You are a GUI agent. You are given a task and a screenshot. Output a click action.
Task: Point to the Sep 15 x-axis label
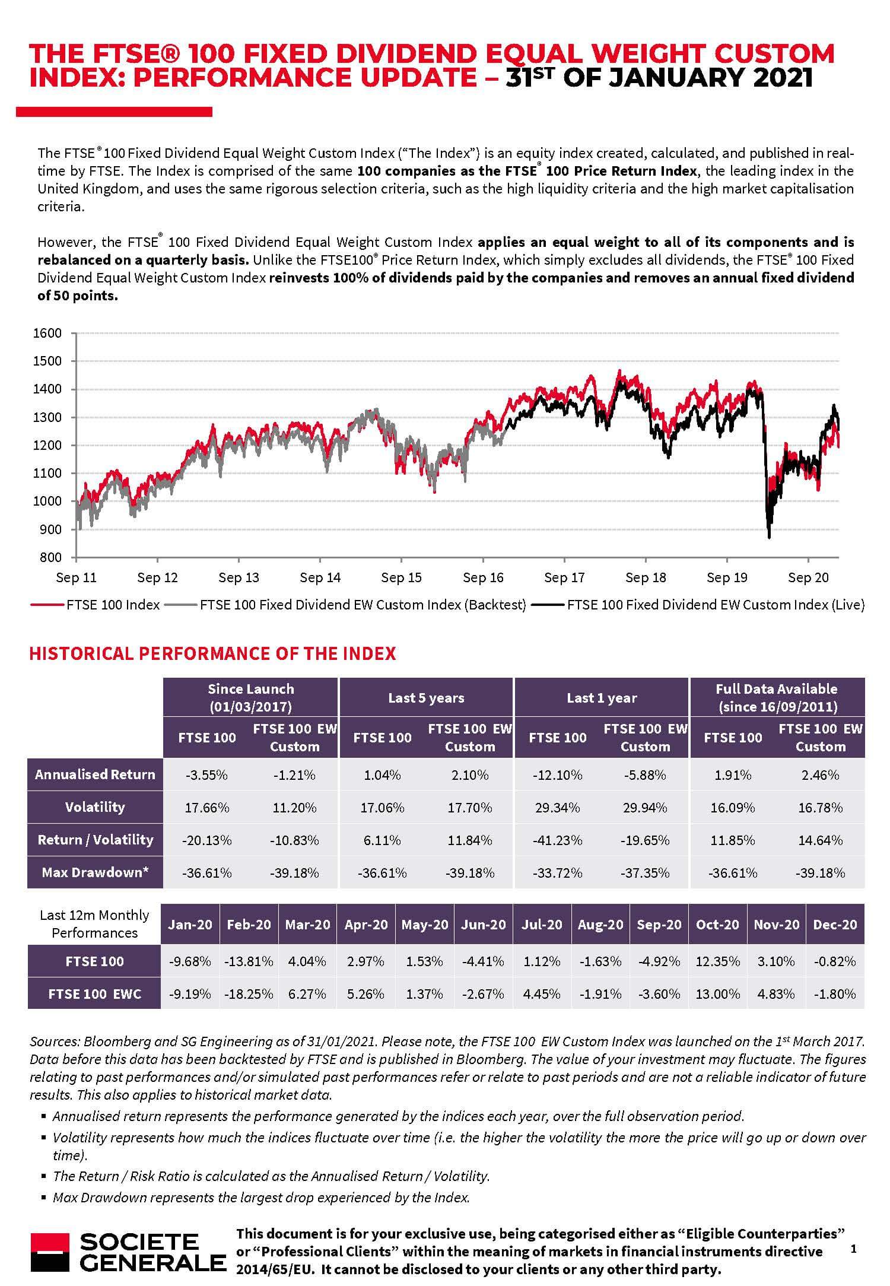coord(401,577)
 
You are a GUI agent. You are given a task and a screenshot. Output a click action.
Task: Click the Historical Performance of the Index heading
coord(212,653)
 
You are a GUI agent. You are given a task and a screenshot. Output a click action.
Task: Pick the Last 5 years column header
coord(426,698)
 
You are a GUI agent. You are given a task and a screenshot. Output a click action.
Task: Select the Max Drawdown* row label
coord(95,872)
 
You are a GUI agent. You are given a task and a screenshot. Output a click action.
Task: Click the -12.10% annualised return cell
coord(557,775)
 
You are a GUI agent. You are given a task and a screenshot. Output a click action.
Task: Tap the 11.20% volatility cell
coord(294,808)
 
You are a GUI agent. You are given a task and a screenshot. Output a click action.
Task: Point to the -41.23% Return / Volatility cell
coord(557,840)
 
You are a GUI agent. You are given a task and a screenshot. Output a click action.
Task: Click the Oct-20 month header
coord(717,925)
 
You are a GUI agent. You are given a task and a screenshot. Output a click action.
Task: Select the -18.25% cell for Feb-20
coord(249,994)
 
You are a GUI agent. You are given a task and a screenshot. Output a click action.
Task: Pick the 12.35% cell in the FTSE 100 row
coord(717,961)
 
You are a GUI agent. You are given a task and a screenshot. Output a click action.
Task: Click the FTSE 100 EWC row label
coord(95,994)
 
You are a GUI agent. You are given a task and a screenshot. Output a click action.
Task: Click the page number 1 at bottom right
coord(854,1249)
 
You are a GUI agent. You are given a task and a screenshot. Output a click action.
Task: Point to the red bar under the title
coord(114,112)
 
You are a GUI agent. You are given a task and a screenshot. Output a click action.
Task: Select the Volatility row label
coord(95,807)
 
